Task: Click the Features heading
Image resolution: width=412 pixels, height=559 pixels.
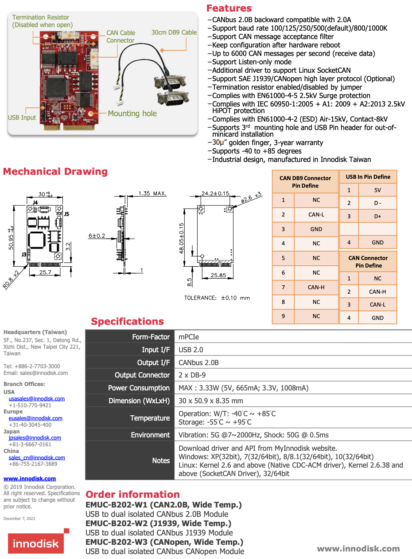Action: (x=229, y=8)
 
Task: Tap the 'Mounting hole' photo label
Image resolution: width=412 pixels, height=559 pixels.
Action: (x=132, y=114)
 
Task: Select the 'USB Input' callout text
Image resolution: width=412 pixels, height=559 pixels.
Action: (x=22, y=118)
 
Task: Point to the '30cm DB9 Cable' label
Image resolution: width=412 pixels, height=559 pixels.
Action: (x=174, y=32)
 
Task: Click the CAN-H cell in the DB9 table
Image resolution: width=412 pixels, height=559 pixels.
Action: (x=316, y=287)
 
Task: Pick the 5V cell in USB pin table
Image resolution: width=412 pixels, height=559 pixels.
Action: (x=377, y=190)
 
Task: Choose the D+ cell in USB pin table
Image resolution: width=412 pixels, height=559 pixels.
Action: (x=377, y=216)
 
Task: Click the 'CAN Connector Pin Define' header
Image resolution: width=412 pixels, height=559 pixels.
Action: (x=368, y=262)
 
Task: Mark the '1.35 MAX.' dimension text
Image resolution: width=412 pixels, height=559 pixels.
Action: (x=152, y=193)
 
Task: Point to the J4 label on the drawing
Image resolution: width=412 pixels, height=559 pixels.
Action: (x=35, y=203)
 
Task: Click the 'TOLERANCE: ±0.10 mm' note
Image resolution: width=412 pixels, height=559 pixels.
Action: (x=217, y=298)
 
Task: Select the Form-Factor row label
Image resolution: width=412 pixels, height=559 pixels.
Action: (x=151, y=337)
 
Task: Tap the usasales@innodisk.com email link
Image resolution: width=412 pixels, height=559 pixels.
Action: (x=37, y=398)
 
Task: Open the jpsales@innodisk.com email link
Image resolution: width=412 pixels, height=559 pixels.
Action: (x=35, y=437)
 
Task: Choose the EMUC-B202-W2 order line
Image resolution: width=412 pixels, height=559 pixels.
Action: (x=158, y=524)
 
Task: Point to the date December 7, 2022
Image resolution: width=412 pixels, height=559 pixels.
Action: (x=19, y=518)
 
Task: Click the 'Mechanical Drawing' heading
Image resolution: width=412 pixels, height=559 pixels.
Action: (x=55, y=172)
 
